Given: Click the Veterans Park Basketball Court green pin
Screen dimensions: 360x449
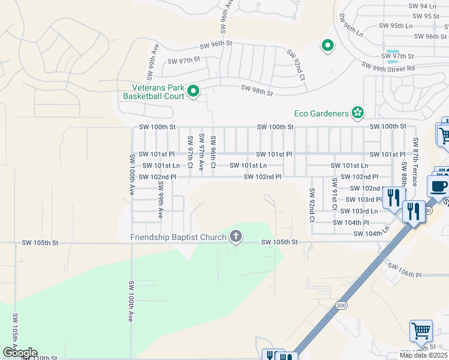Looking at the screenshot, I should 193,91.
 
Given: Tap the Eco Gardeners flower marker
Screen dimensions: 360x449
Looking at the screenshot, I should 358,112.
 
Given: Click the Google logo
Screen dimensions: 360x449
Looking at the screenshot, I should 19,353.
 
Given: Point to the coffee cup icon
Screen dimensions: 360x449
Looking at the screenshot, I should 438,185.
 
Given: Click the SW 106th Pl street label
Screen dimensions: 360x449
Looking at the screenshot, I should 405,274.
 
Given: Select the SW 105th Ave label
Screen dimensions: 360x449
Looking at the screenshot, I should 14,333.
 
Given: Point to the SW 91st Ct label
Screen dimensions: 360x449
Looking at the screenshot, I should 334,193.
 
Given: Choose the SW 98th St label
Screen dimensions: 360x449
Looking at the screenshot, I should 257,91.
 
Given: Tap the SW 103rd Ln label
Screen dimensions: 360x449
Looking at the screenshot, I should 359,211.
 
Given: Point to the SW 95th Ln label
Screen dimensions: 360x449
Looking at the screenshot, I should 397,26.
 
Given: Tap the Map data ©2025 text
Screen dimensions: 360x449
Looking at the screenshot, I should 423,355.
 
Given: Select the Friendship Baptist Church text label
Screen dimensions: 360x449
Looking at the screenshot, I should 178,237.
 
